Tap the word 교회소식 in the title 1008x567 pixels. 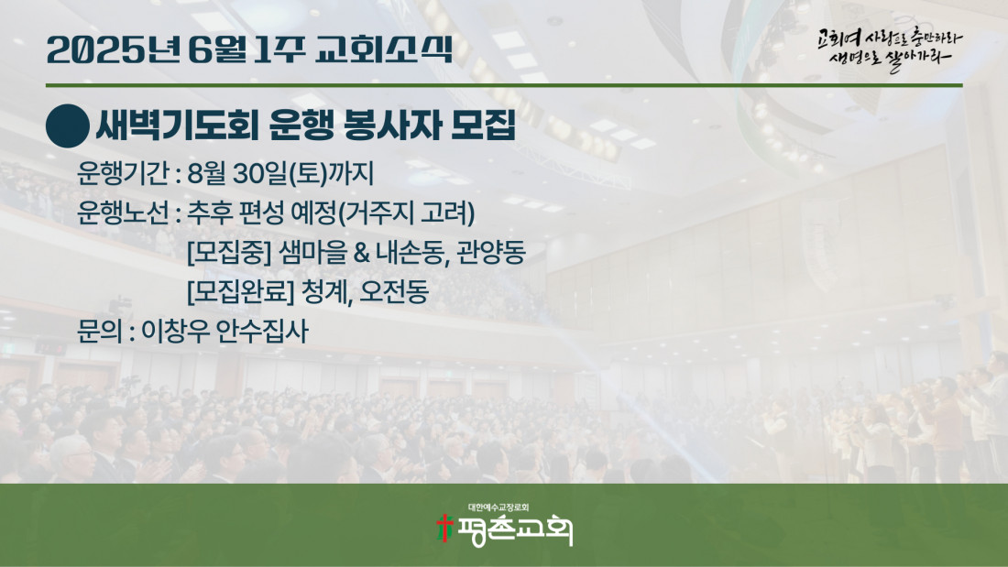tap(384, 49)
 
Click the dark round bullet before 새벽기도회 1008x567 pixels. tap(68, 126)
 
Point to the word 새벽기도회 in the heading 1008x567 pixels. tap(177, 125)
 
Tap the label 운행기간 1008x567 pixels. tap(123, 173)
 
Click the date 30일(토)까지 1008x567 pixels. tap(302, 173)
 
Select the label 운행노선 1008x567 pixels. tap(123, 213)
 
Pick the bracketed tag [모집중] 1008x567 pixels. tap(229, 252)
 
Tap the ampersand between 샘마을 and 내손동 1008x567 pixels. tap(361, 253)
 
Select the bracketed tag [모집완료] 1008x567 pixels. tap(240, 292)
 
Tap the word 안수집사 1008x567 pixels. tap(262, 331)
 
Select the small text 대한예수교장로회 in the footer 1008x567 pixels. tap(499, 507)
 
